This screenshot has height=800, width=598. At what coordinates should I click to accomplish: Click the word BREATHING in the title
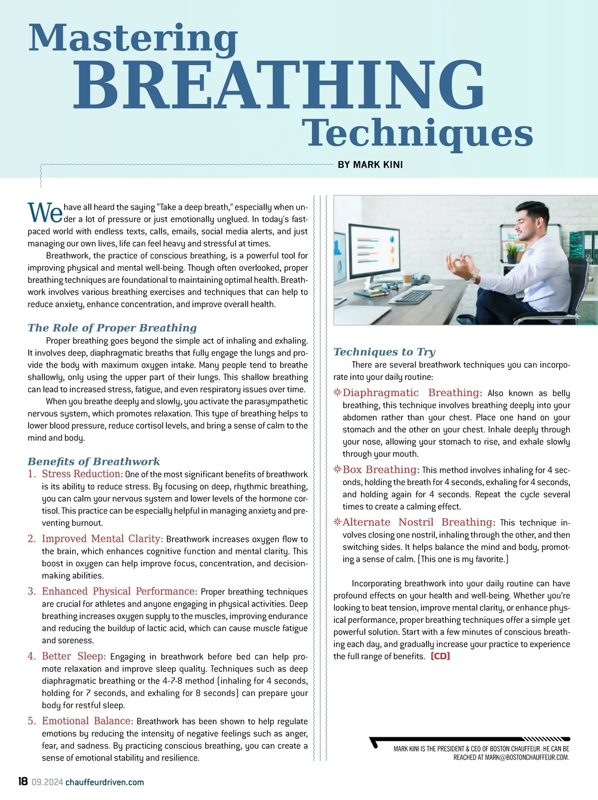pos(279,85)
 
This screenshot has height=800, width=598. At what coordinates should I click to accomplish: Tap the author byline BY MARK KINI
pos(370,164)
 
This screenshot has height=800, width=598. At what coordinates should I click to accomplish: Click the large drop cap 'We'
pos(45,213)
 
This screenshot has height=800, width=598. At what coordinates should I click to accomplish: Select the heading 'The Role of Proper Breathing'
pos(112,328)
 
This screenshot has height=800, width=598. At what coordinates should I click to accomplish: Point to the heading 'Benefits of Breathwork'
pos(94,461)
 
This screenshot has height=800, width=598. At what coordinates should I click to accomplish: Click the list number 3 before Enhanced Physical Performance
pos(32,591)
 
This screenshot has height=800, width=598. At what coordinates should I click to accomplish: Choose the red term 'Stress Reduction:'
pos(82,474)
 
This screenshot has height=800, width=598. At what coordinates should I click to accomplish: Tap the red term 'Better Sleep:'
pos(74,656)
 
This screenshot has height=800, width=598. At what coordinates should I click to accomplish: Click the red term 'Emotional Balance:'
pos(87,721)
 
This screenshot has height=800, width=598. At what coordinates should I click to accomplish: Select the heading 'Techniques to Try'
pos(384,352)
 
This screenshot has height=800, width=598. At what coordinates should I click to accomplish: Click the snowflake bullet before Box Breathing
pos(337,469)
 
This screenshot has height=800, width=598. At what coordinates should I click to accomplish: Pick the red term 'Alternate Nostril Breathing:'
pos(419,522)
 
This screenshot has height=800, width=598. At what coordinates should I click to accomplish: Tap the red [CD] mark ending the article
pos(440,656)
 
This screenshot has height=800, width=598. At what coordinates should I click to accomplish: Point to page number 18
pos(23,782)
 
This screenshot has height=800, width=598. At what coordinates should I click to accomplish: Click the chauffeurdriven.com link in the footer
pos(105,782)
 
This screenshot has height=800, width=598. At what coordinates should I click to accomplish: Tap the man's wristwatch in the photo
pos(471,278)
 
